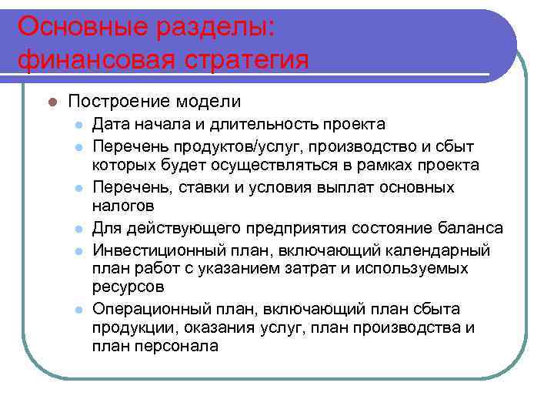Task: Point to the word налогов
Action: [x=124, y=206]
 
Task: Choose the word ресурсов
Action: [x=126, y=289]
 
